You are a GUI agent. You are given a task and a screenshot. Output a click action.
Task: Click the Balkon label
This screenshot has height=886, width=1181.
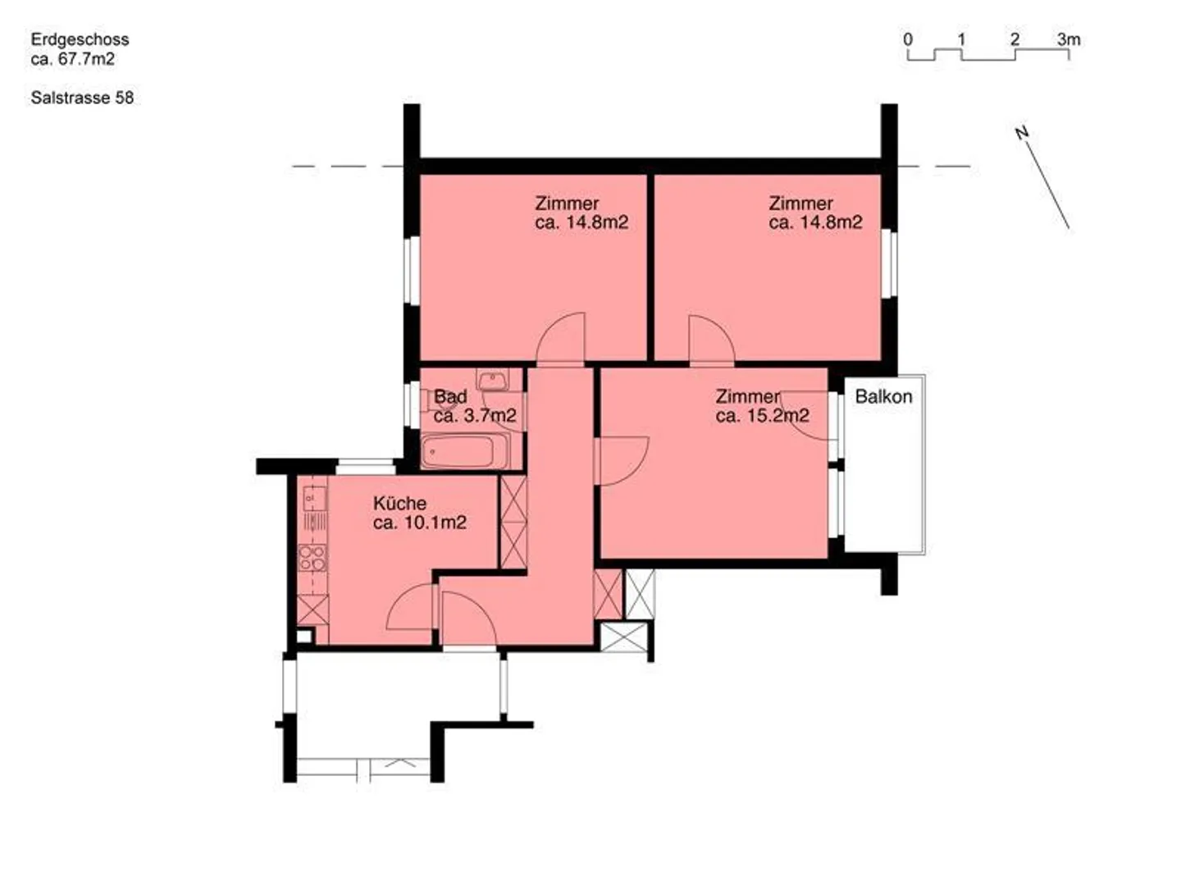883,397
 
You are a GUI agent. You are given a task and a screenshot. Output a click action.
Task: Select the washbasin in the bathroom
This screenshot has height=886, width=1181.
492,380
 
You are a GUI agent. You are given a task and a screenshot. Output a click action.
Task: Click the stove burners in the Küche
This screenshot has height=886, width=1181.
312,558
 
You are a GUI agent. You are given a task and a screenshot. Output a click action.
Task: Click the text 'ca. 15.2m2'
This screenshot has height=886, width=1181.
762,416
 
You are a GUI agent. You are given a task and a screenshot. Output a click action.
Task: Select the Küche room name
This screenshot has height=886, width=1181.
399,503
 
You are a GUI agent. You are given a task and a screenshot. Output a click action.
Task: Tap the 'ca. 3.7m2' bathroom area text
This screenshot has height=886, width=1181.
475,416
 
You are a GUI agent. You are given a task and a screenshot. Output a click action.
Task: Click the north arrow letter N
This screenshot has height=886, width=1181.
1022,133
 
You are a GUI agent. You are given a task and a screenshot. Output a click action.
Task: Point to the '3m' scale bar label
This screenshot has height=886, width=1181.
1069,39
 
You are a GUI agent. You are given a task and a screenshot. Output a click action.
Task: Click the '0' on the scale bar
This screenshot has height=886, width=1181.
908,39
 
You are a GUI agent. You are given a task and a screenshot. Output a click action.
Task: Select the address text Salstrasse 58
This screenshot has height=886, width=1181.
82,98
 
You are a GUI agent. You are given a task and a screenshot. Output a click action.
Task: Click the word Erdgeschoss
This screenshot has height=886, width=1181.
80,39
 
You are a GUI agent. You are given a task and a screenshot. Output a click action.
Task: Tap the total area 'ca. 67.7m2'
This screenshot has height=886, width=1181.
73,59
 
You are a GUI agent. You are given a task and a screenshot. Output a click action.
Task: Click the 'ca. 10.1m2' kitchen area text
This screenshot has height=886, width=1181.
420,523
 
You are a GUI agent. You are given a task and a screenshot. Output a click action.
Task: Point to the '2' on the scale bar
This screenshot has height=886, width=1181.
1015,39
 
